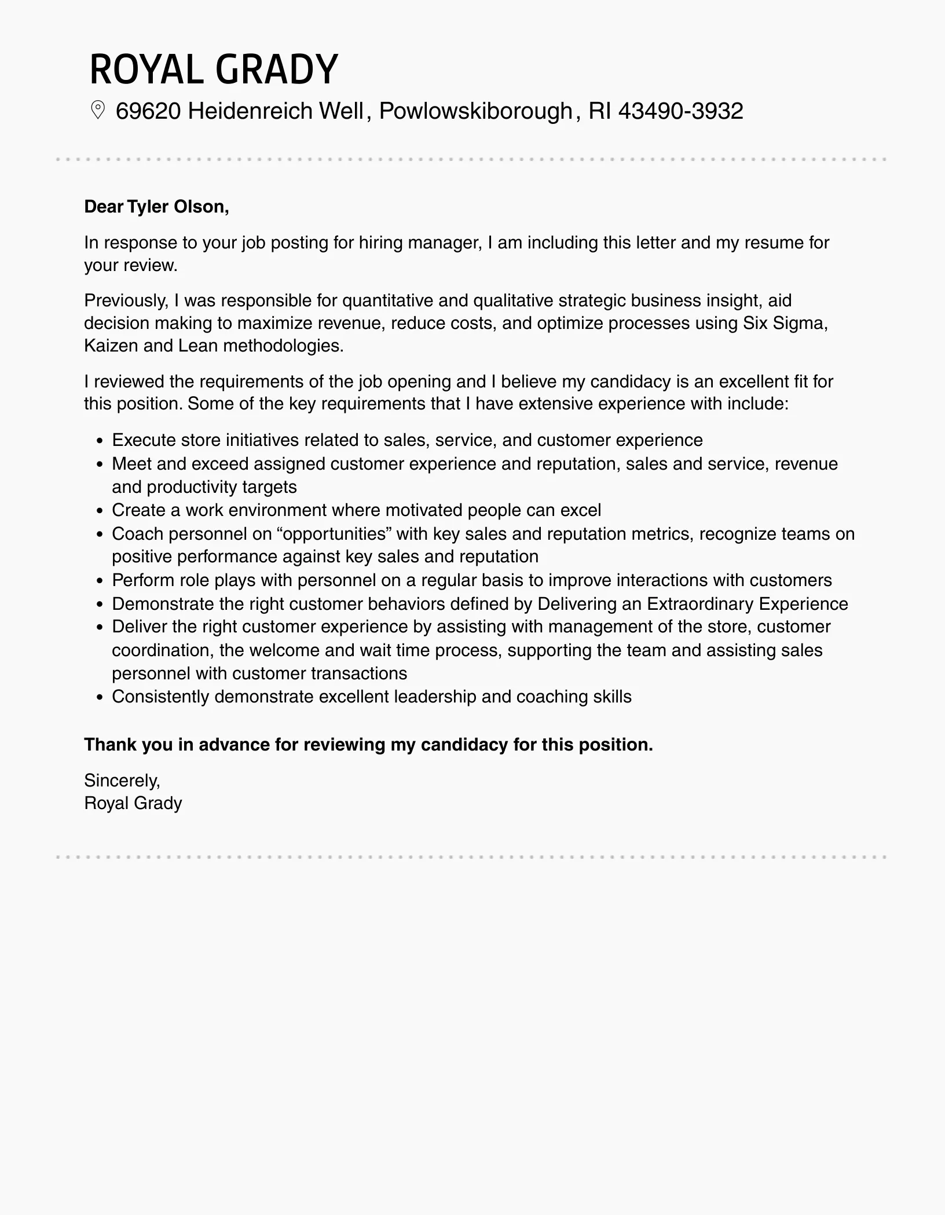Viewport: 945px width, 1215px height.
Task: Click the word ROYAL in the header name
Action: (x=147, y=69)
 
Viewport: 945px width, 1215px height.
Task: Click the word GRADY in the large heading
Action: (x=276, y=69)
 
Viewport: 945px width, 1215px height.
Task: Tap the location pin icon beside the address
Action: (x=98, y=111)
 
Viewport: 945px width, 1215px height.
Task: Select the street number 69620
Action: (x=148, y=111)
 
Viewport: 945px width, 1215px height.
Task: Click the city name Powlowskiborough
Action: (x=475, y=111)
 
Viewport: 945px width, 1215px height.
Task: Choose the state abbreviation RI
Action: (x=600, y=111)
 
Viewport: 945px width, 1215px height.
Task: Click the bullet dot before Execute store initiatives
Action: (x=100, y=441)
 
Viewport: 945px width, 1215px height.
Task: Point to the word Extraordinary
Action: (x=699, y=604)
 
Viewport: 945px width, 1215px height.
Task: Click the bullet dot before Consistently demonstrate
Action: (x=100, y=697)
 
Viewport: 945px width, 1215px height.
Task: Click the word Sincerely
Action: (x=122, y=781)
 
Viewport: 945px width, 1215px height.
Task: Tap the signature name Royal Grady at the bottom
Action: (x=133, y=803)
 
